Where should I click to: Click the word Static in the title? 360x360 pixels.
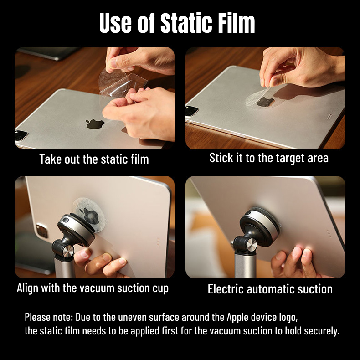pyautogui.click(x=186, y=23)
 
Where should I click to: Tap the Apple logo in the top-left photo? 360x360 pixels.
pyautogui.click(x=95, y=124)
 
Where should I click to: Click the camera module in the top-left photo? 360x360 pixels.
pyautogui.click(x=21, y=135)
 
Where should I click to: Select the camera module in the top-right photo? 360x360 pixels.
pyautogui.click(x=191, y=111)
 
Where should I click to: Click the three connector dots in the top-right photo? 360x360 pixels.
pyautogui.click(x=329, y=116)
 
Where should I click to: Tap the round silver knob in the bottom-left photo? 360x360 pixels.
pyautogui.click(x=68, y=252)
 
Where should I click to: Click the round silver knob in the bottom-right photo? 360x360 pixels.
pyautogui.click(x=252, y=245)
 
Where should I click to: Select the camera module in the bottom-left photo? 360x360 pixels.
pyautogui.click(x=42, y=231)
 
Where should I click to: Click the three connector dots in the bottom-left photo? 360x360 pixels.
pyautogui.click(x=158, y=242)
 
